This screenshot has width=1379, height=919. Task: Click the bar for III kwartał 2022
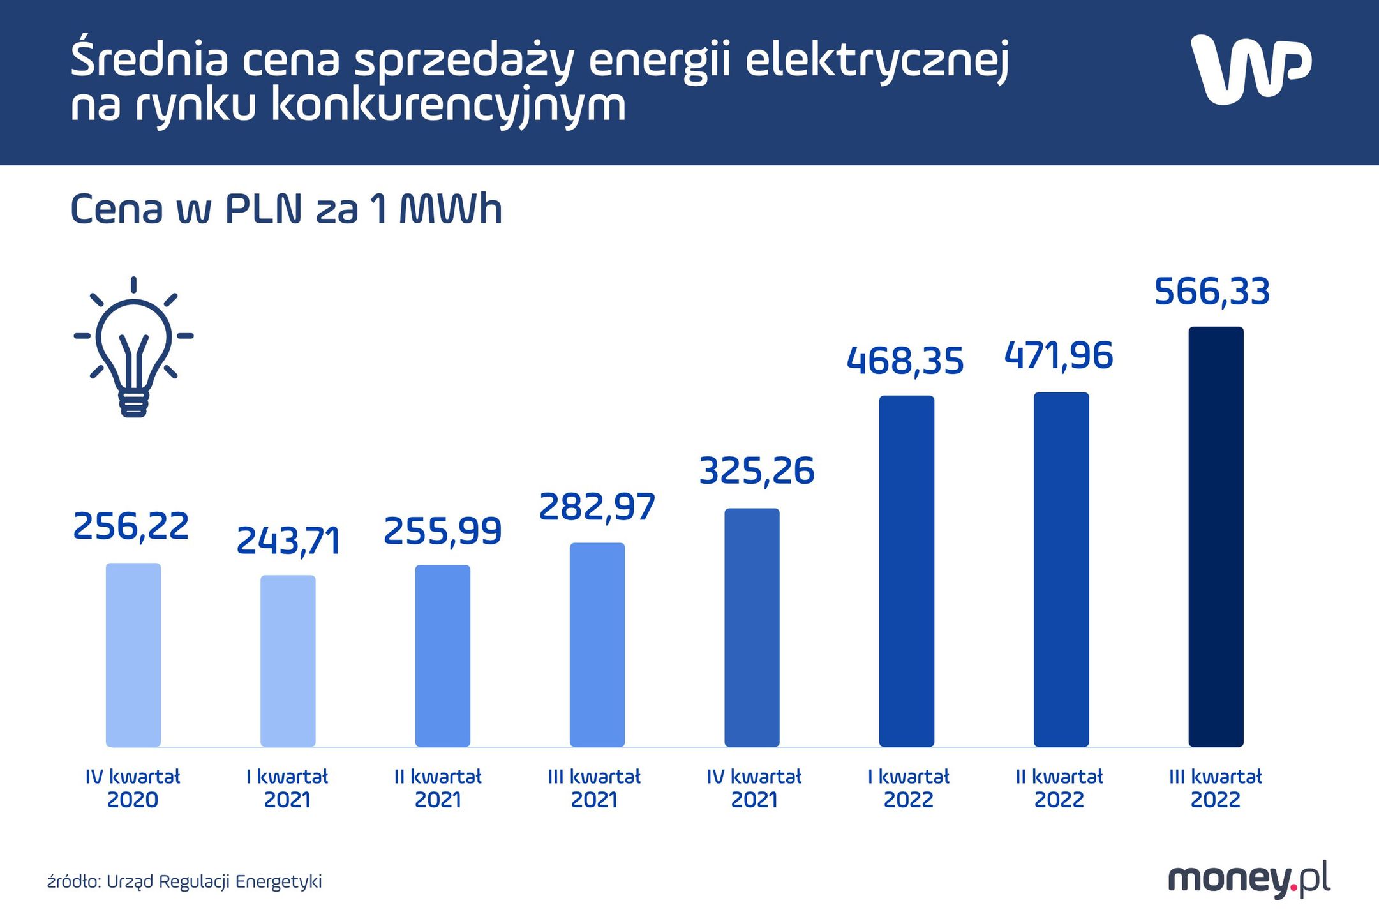1216,536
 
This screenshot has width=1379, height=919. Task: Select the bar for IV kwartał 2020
133,654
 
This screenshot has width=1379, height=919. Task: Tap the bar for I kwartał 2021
288,661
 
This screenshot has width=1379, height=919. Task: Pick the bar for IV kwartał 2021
752,627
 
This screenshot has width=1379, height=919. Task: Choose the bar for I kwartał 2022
906,571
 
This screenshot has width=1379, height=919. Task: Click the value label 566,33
1212,292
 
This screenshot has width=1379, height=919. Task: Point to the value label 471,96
1059,355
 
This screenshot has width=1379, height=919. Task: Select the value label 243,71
288,541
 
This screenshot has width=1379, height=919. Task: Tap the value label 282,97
597,507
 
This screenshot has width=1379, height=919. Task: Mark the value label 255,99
442,531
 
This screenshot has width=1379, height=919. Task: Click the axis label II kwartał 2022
1059,788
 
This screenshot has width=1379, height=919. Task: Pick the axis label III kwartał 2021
594,788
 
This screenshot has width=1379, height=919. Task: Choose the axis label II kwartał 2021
438,788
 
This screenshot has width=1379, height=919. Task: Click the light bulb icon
133,348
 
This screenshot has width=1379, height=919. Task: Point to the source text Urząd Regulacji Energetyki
214,881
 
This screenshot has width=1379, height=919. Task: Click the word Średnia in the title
149,59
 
